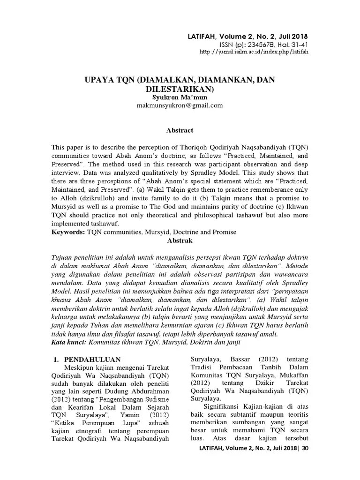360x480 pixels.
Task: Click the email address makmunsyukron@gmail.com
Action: pyautogui.click(x=180, y=105)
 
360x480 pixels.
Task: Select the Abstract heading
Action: pyautogui.click(x=180, y=130)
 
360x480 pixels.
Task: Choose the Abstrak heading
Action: pyautogui.click(x=180, y=240)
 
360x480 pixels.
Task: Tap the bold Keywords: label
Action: pyautogui.click(x=67, y=232)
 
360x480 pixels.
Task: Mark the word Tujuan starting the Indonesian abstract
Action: pyautogui.click(x=64, y=256)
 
